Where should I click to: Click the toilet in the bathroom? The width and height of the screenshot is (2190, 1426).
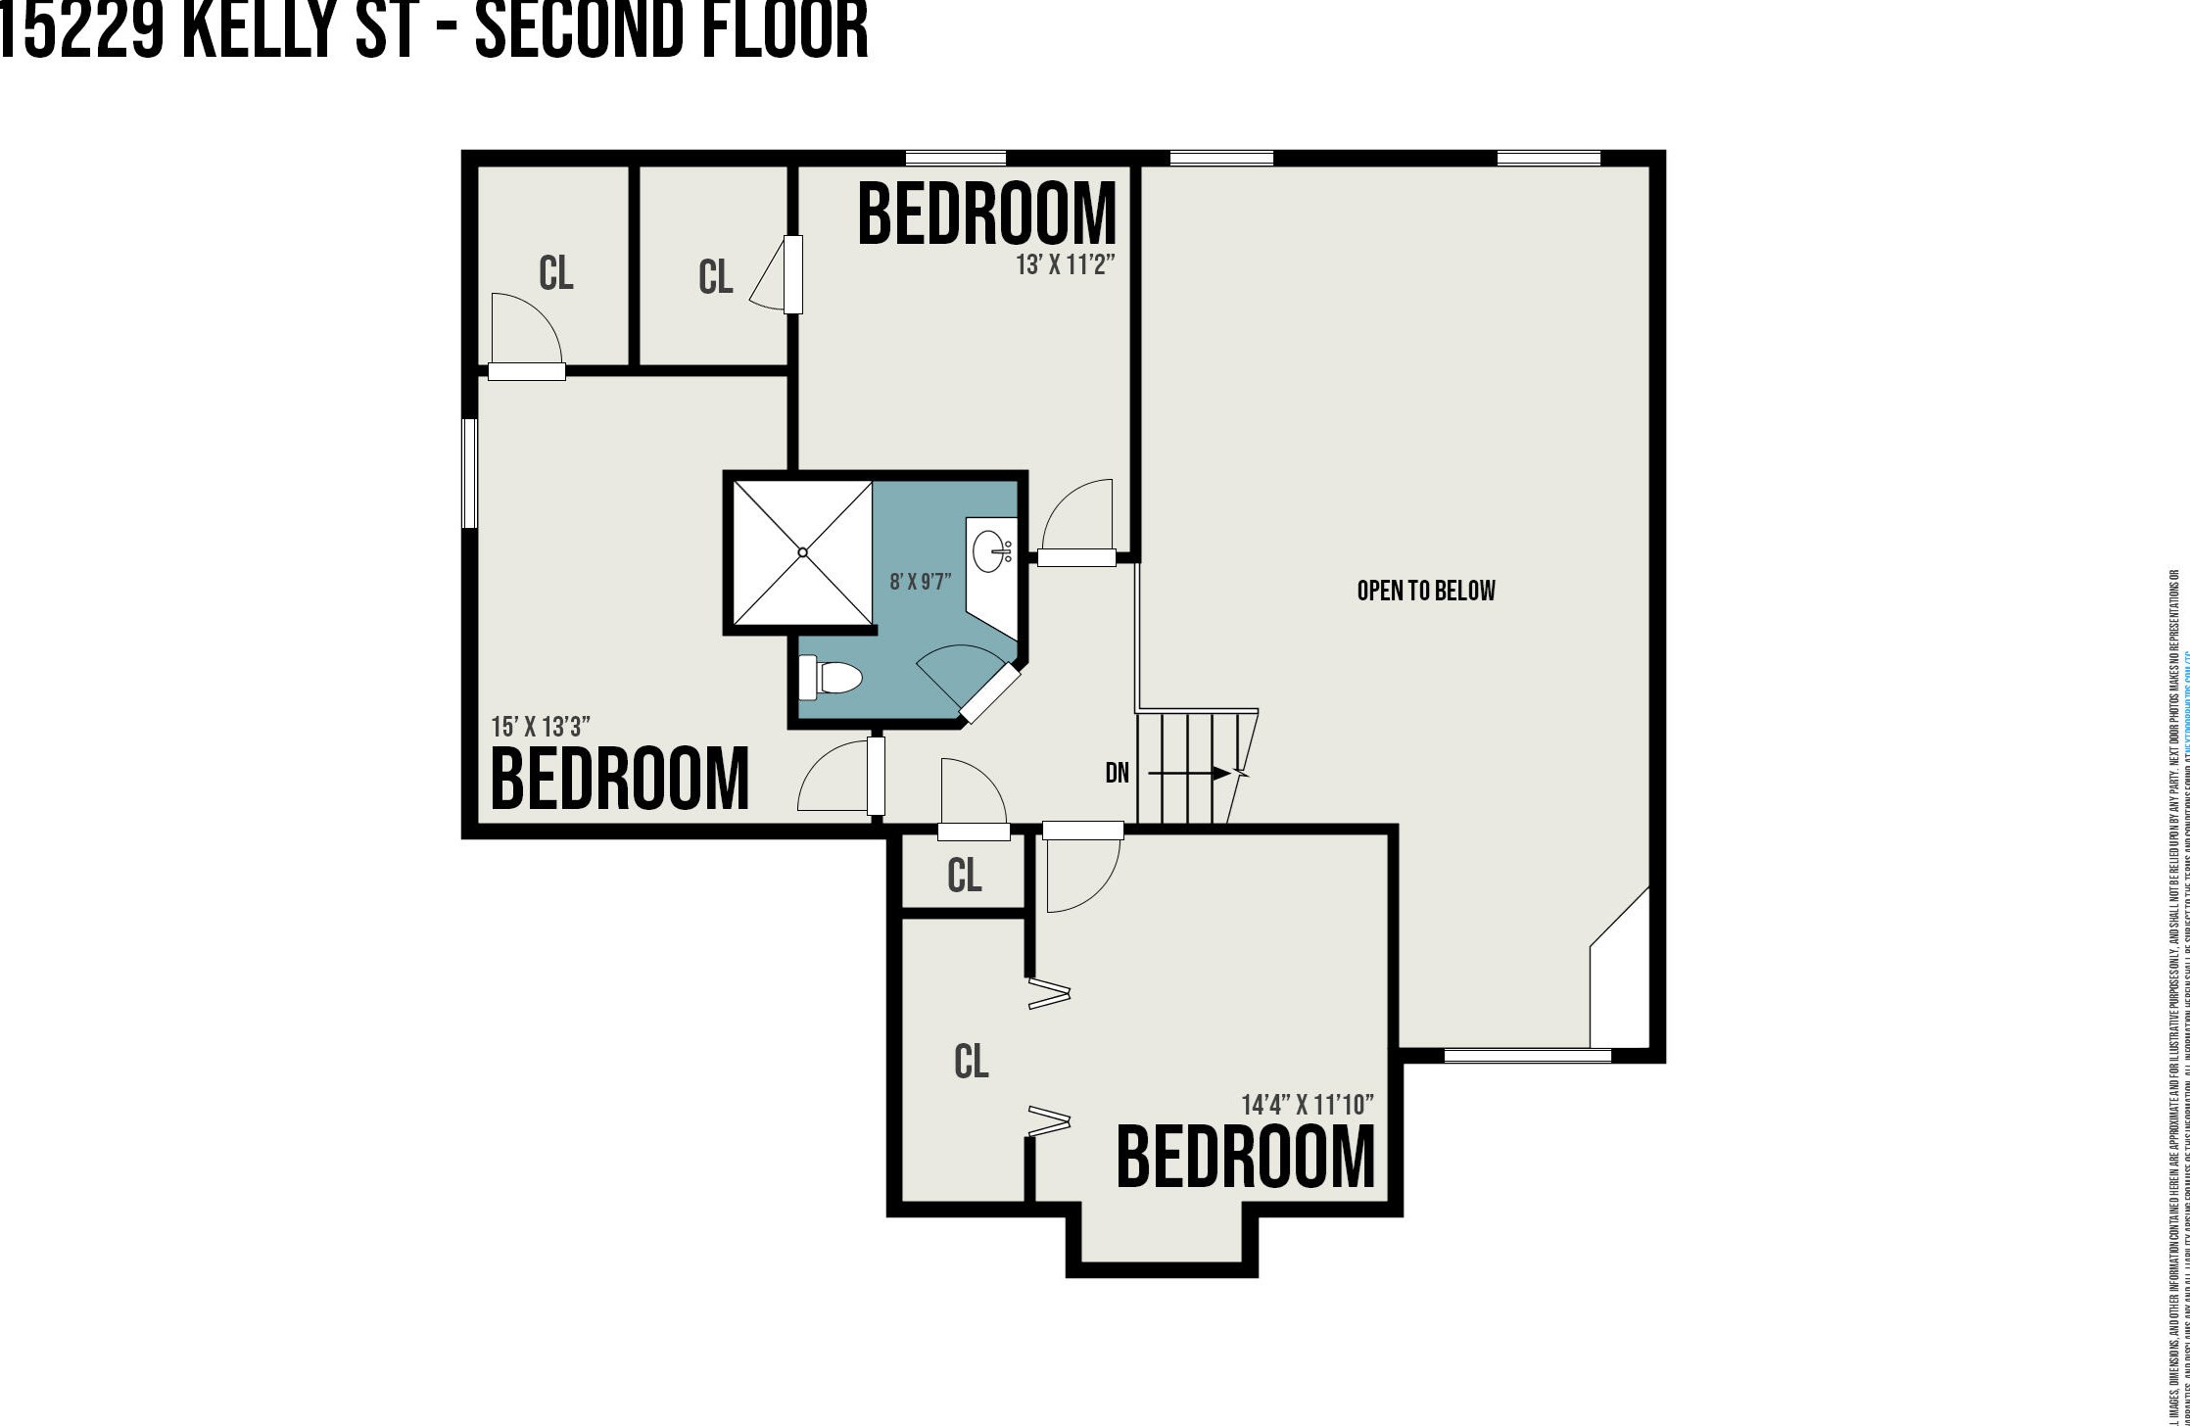pyautogui.click(x=831, y=678)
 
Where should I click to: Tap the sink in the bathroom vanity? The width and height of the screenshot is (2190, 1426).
pyautogui.click(x=990, y=551)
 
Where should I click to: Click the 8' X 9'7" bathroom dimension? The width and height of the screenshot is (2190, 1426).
pyautogui.click(x=920, y=582)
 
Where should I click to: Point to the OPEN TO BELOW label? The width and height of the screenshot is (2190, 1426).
pyautogui.click(x=1426, y=591)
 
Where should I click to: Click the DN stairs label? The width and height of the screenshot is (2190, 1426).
pyautogui.click(x=1117, y=774)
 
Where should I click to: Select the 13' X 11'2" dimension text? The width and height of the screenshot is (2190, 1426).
pyautogui.click(x=1066, y=265)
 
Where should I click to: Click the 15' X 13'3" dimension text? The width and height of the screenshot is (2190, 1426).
pyautogui.click(x=541, y=727)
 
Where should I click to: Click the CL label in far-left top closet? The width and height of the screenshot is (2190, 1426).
pyautogui.click(x=555, y=273)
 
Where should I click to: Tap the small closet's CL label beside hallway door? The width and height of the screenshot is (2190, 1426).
pyautogui.click(x=964, y=876)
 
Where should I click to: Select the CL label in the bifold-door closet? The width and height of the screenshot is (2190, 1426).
pyautogui.click(x=971, y=1061)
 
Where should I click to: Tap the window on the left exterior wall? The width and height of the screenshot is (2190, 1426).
pyautogui.click(x=469, y=473)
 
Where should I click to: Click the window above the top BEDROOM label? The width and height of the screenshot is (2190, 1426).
pyautogui.click(x=955, y=158)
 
